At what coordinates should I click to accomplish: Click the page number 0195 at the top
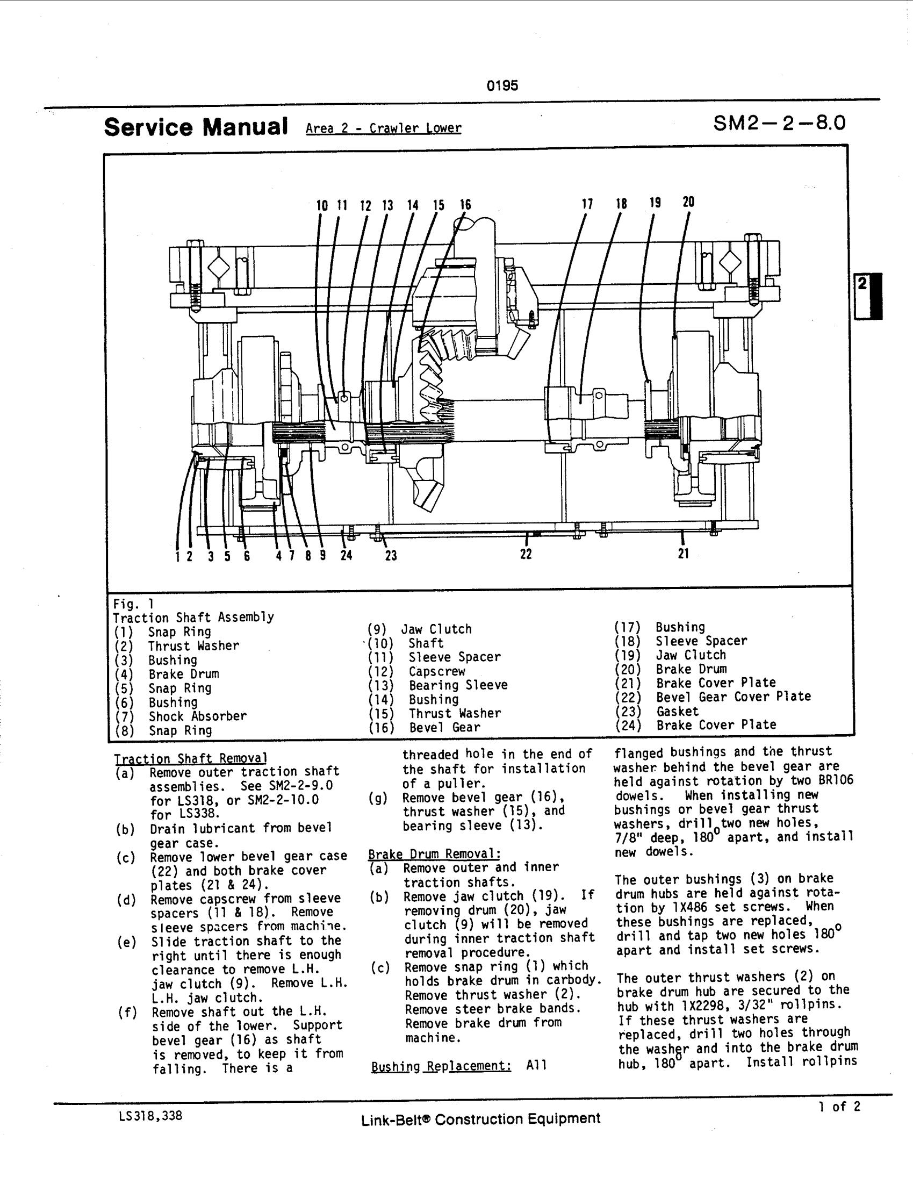coord(502,85)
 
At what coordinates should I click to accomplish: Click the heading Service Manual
coord(196,127)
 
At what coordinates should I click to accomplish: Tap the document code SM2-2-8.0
coord(779,124)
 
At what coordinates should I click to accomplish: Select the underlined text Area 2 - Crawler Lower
coord(383,128)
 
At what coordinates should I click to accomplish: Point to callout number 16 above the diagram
coord(465,205)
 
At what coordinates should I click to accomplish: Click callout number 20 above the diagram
coord(688,202)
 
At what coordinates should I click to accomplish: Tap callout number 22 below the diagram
coord(526,554)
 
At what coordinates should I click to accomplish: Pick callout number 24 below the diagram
coord(346,555)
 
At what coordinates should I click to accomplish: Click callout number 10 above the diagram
coord(322,206)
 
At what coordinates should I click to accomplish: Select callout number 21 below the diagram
coord(684,554)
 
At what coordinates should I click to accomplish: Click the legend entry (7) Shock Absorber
coord(181,716)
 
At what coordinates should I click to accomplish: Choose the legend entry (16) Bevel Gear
coord(424,727)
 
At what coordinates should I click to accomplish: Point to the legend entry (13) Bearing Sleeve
coord(437,685)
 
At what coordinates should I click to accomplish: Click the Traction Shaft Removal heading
coord(191,758)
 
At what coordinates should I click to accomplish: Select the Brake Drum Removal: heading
coord(434,854)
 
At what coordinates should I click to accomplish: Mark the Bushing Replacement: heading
coord(441,1066)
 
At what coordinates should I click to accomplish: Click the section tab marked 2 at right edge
coord(868,296)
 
